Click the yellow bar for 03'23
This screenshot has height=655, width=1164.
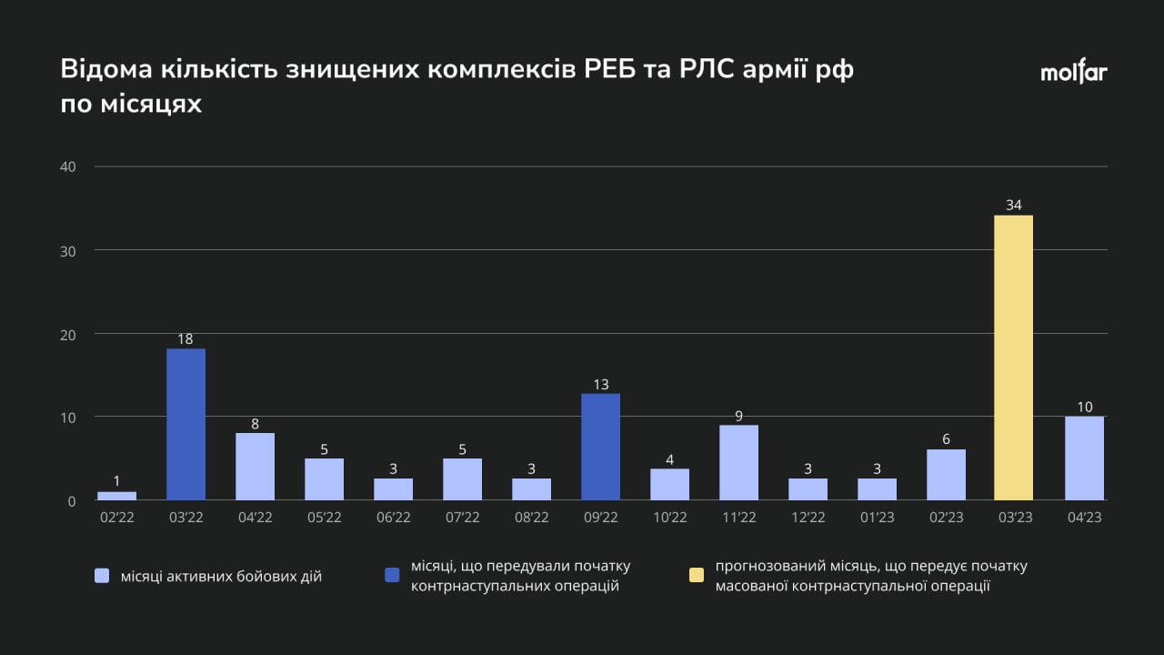tap(1013, 358)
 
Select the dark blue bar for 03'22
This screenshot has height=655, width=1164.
tap(186, 425)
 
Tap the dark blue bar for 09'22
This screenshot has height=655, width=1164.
tap(600, 447)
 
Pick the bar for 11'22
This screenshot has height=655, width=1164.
tap(738, 463)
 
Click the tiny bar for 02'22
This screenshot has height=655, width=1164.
tap(116, 496)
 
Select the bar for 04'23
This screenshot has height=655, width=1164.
tap(1084, 458)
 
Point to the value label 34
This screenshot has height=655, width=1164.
tap(1013, 206)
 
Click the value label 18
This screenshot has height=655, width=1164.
tap(186, 339)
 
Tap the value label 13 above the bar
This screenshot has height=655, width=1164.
tap(600, 384)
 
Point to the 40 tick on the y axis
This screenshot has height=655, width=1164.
tap(68, 166)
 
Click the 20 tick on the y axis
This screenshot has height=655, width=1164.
tap(68, 334)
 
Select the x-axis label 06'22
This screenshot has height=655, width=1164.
tap(393, 518)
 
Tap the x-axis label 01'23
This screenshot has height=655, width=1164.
tap(877, 518)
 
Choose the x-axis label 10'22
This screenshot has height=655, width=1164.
tap(669, 518)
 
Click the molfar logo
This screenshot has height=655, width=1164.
tap(1074, 73)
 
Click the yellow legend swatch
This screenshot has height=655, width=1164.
tap(696, 576)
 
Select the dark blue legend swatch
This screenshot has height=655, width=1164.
tap(392, 576)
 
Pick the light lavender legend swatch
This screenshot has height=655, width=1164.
tap(102, 576)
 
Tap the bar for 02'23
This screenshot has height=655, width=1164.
tap(946, 475)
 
